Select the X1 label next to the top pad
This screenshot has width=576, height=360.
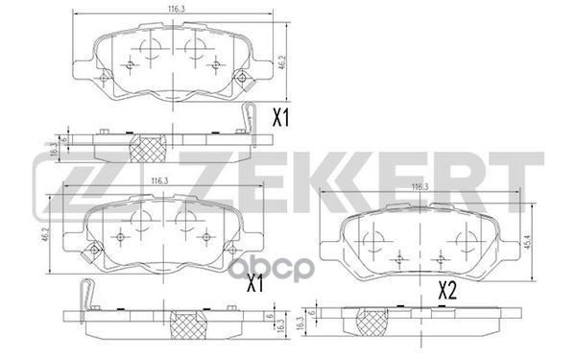pyautogui.click(x=281, y=120)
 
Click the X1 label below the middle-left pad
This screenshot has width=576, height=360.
pyautogui.click(x=255, y=283)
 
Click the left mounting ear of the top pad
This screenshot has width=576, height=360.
pyautogui.click(x=80, y=71)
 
